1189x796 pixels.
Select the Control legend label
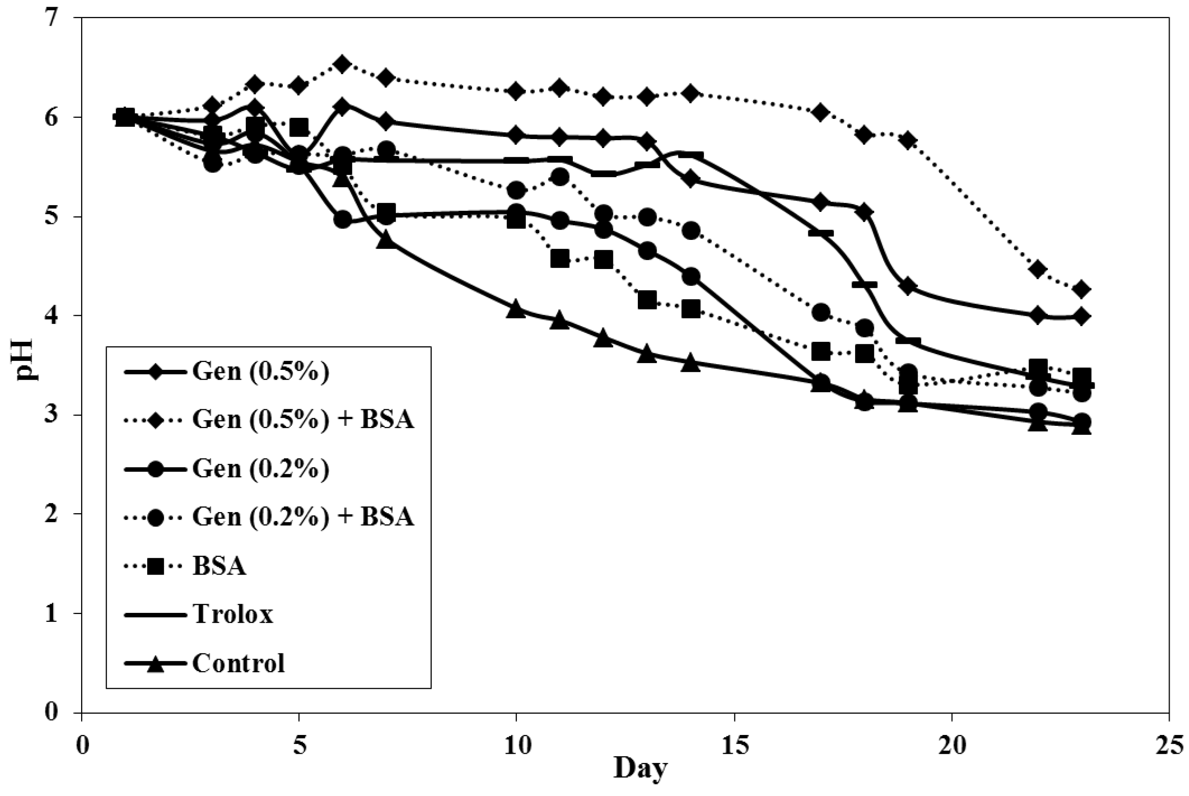pyautogui.click(x=238, y=663)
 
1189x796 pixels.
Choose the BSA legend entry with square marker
pyautogui.click(x=219, y=566)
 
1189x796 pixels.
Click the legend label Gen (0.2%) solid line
pyautogui.click(x=260, y=468)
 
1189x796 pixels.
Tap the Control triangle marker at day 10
pyautogui.click(x=516, y=309)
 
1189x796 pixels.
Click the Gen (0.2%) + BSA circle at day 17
pyautogui.click(x=820, y=312)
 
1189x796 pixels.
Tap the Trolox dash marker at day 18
pyautogui.click(x=864, y=284)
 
